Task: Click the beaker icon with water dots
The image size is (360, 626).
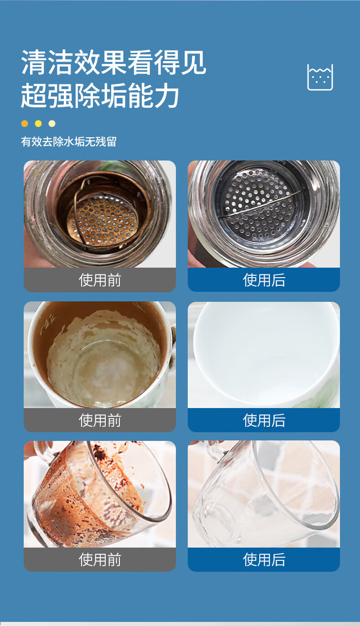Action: coord(320,77)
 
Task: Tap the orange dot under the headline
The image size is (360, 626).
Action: coord(25,124)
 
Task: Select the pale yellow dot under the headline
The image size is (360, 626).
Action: coord(52,124)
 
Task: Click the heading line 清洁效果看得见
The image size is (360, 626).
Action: coord(113,62)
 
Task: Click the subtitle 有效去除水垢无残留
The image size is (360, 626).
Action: coord(69,142)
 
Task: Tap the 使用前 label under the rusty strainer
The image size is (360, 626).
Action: coord(100,280)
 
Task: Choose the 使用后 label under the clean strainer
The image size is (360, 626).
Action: coord(264,280)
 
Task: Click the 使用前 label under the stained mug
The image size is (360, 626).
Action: coord(100,420)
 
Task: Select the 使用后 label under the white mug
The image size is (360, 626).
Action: coord(264,420)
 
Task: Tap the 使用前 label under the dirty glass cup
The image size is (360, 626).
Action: coord(100,560)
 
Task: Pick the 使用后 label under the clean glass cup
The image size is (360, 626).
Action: coord(264,560)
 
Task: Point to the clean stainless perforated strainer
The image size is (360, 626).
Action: coord(260,203)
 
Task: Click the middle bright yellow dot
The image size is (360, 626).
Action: coord(38,124)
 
